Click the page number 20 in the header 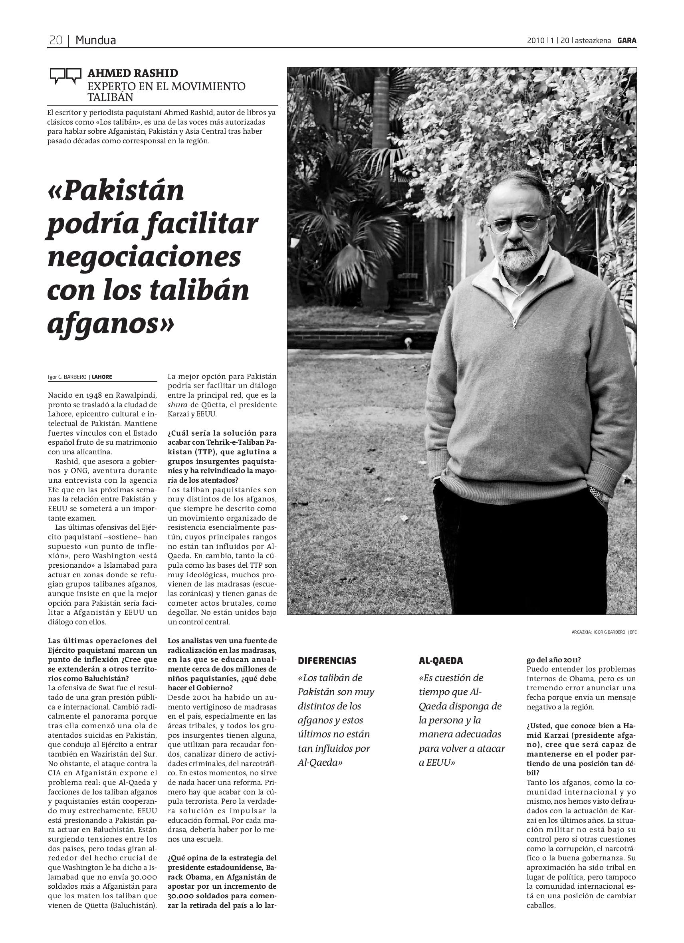pyautogui.click(x=56, y=40)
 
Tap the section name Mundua pyautogui.click(x=96, y=40)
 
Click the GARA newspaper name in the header pyautogui.click(x=627, y=40)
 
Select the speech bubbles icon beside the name pyautogui.click(x=65, y=76)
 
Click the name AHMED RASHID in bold pyautogui.click(x=133, y=73)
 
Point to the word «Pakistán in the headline pyautogui.click(x=117, y=191)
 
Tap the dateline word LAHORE pyautogui.click(x=102, y=377)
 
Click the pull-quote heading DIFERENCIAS pyautogui.click(x=327, y=661)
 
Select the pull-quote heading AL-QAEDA pyautogui.click(x=441, y=661)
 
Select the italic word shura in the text pyautogui.click(x=177, y=404)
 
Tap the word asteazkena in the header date pyautogui.click(x=593, y=40)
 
